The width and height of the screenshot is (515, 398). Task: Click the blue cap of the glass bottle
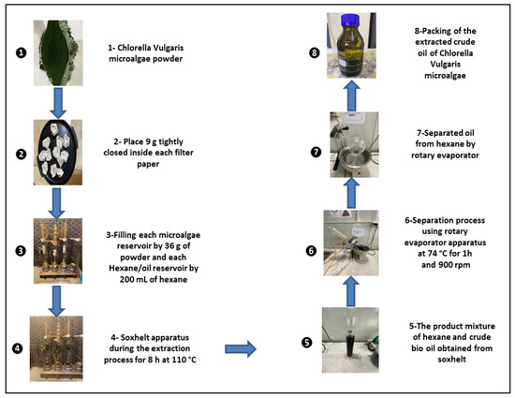tap(357, 17)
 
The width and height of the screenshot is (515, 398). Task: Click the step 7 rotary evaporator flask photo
tap(357, 140)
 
